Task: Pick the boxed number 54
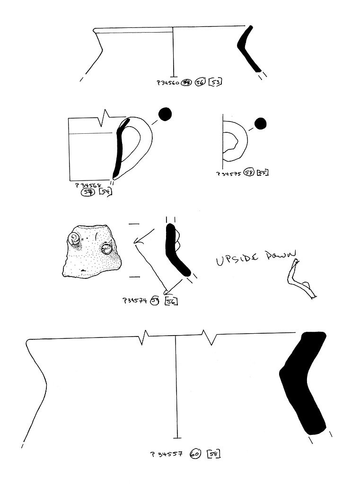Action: [105, 192]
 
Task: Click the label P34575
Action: [229, 173]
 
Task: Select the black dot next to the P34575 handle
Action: [260, 124]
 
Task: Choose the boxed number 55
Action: [262, 173]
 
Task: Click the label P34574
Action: [135, 300]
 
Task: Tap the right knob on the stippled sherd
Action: [107, 248]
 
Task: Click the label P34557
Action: [167, 454]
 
